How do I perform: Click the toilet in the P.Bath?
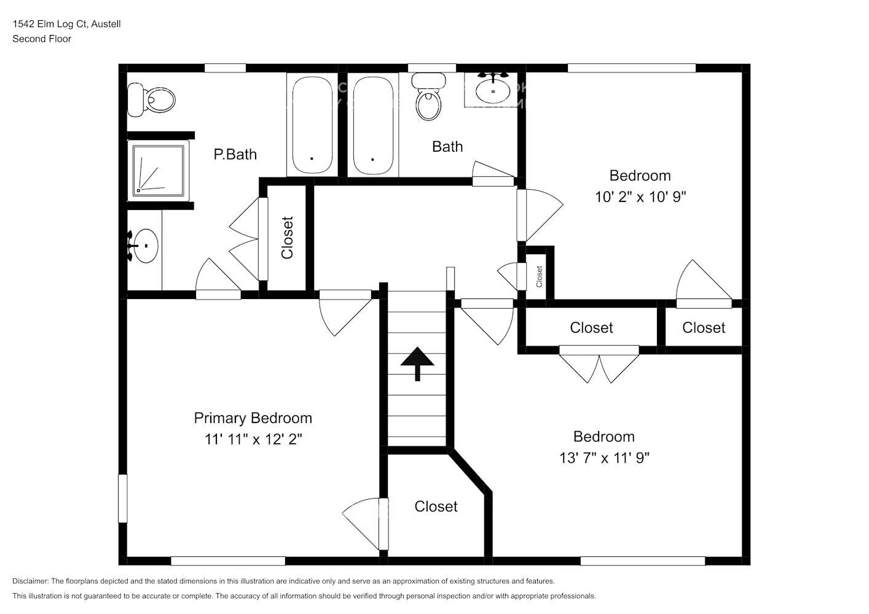(x=151, y=100)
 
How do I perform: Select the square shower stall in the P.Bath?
(x=158, y=170)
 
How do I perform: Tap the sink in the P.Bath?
(x=145, y=246)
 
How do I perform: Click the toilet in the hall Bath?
(x=428, y=97)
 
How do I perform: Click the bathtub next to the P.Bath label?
(x=312, y=125)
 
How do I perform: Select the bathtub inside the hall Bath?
(x=373, y=125)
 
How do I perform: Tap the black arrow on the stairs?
(x=417, y=362)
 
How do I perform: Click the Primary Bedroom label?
(x=253, y=418)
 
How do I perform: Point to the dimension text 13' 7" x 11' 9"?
(x=604, y=458)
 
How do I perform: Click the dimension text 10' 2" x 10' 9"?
(x=640, y=197)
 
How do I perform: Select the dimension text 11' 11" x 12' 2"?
(x=253, y=440)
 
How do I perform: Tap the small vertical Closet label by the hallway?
(x=539, y=276)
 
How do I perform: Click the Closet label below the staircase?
(x=436, y=507)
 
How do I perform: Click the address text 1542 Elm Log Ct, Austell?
(x=66, y=24)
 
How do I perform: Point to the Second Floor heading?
(x=42, y=39)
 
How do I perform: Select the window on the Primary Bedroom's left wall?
(x=122, y=498)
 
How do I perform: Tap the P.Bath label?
(x=235, y=154)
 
